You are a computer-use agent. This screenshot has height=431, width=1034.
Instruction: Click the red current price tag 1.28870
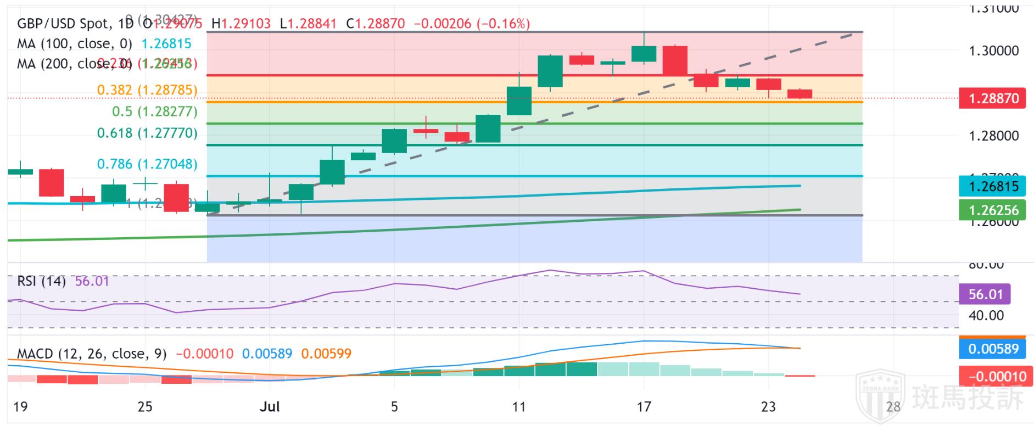(992, 99)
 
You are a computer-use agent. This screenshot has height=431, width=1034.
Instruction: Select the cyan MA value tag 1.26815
(992, 187)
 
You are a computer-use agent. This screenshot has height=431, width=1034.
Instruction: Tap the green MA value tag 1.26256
(992, 210)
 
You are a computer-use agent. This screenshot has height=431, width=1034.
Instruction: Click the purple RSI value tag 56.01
(985, 294)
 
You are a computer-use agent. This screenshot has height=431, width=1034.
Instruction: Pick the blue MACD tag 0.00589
(992, 349)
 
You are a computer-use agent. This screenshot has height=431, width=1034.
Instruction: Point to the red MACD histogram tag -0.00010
(992, 377)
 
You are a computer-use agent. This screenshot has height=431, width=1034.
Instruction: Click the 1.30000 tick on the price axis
(993, 51)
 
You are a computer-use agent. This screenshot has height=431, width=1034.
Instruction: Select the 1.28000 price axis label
(993, 136)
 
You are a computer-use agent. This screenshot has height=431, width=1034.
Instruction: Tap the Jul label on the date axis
(270, 407)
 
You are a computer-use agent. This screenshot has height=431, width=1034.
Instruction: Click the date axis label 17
(644, 407)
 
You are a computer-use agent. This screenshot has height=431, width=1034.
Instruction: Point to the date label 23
(768, 407)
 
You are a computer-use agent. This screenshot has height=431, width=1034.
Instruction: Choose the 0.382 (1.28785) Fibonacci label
(147, 90)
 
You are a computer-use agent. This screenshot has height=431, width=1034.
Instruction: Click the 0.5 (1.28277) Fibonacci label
(154, 111)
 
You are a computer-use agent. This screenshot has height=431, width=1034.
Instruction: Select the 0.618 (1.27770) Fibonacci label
(147, 133)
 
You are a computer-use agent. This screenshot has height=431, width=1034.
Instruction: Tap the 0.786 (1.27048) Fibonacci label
(147, 164)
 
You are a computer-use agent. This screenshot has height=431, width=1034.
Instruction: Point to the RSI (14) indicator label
(41, 282)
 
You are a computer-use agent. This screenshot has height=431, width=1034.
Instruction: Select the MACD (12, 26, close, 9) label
(92, 354)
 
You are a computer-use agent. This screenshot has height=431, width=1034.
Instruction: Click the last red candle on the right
(800, 94)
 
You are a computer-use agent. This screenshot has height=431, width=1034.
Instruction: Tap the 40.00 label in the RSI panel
(986, 316)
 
